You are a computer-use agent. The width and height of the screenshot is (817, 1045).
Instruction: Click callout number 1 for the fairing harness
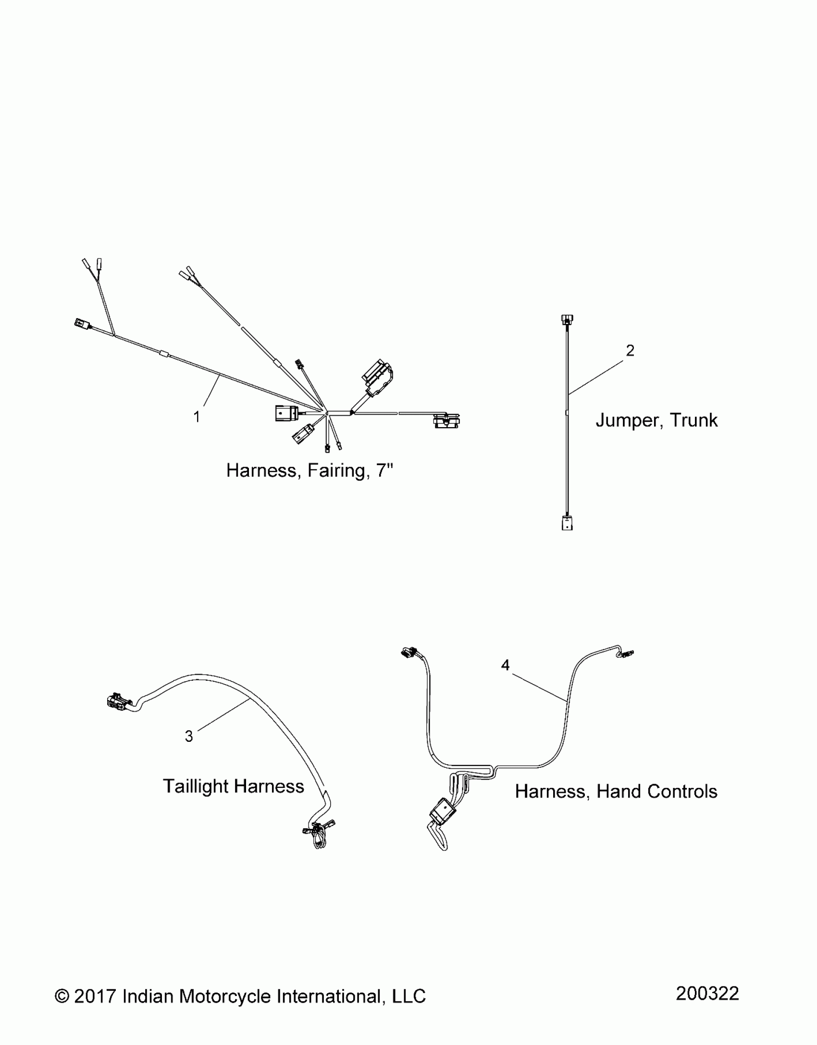click(196, 417)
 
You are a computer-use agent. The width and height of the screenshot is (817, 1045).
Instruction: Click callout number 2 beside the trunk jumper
click(630, 351)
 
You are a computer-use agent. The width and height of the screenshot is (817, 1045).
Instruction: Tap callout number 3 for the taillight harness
click(189, 736)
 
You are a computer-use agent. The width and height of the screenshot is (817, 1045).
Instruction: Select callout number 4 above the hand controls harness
click(505, 665)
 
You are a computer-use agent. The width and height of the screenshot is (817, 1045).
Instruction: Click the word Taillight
click(196, 787)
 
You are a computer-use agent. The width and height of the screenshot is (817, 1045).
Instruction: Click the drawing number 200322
click(707, 993)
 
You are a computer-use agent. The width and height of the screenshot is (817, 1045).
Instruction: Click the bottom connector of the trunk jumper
click(567, 523)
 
